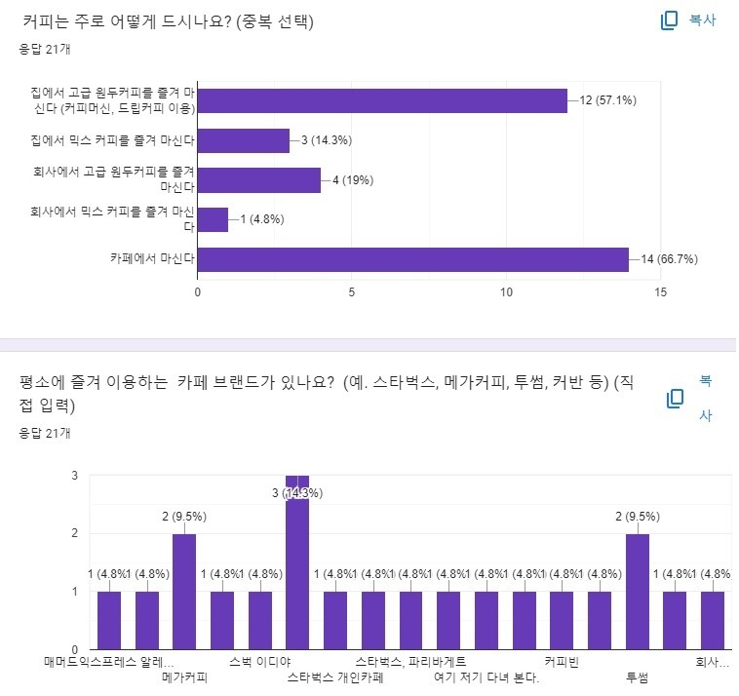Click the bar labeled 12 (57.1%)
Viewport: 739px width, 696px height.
(x=382, y=100)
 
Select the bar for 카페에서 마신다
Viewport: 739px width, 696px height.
(x=413, y=259)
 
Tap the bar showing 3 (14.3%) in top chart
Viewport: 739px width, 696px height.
(x=244, y=140)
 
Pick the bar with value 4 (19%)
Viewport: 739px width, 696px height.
(x=259, y=180)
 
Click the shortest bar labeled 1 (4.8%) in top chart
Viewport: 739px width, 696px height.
(x=213, y=219)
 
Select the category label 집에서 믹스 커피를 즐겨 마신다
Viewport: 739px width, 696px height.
(x=113, y=140)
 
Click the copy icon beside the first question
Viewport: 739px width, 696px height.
(x=670, y=20)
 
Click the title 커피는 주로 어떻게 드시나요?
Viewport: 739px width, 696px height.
(x=127, y=20)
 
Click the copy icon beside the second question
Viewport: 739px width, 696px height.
(x=675, y=399)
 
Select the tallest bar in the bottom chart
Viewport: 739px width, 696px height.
(x=297, y=561)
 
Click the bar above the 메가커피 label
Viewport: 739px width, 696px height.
(x=184, y=591)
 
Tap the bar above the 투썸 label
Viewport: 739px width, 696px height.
(x=638, y=591)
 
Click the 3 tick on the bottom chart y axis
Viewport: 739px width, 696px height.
(x=75, y=476)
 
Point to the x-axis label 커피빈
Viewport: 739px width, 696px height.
(x=562, y=662)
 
